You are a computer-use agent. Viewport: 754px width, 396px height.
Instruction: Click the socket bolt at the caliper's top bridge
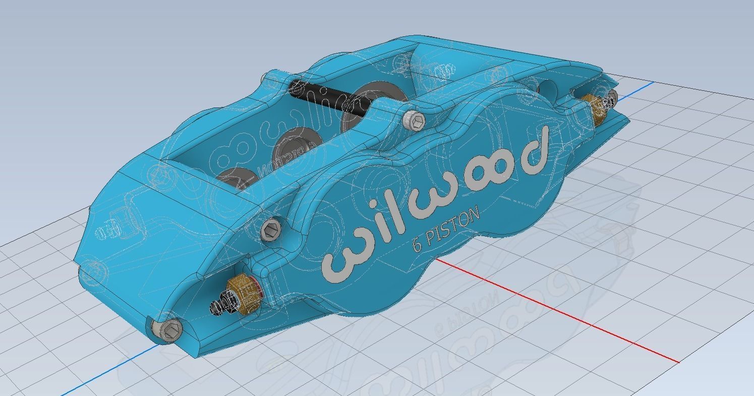click(414, 120)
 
